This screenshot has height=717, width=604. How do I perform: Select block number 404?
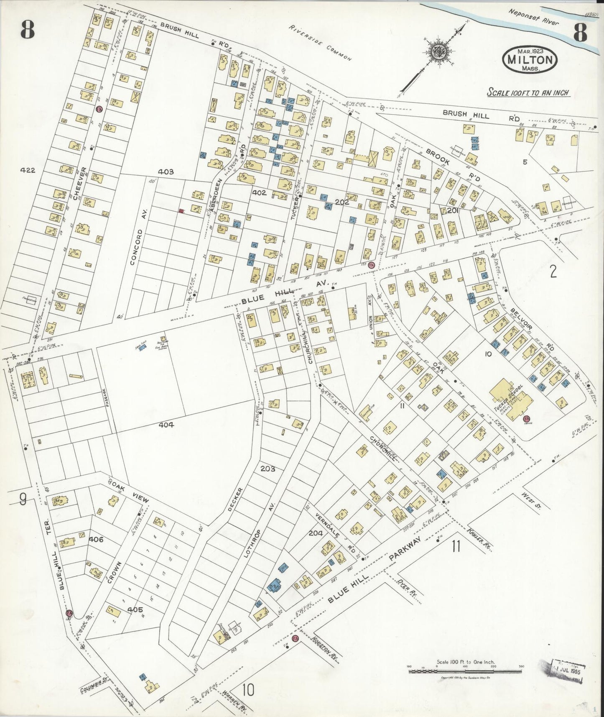coord(166,425)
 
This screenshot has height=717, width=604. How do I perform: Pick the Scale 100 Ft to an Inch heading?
coord(528,92)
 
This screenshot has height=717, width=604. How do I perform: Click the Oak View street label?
coord(129,492)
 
